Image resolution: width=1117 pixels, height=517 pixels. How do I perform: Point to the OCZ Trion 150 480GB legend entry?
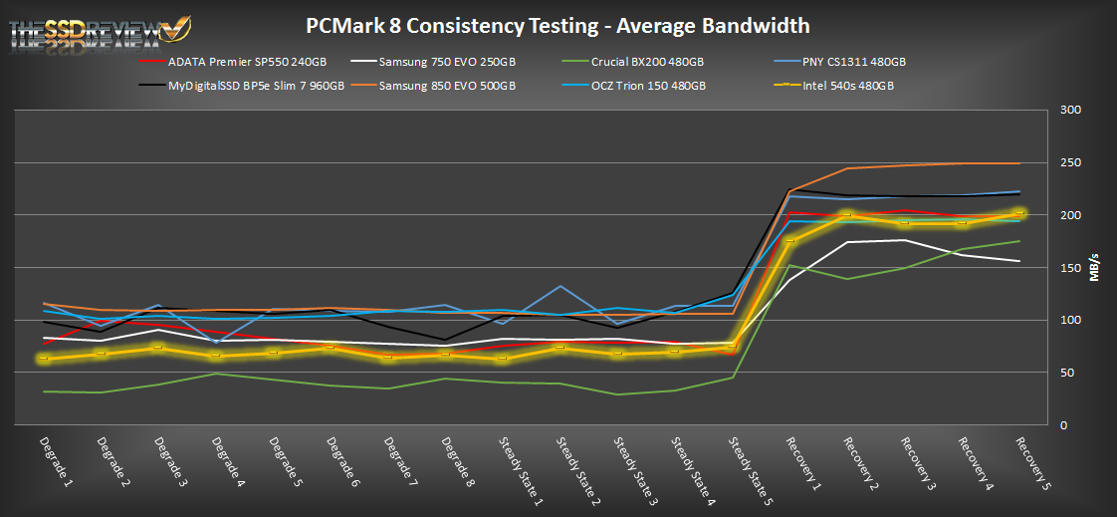tap(647, 86)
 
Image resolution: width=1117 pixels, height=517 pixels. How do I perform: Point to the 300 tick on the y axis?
tap(1068, 110)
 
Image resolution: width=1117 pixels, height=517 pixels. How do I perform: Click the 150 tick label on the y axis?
tap(1068, 268)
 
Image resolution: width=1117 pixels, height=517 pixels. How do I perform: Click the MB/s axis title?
tap(1095, 268)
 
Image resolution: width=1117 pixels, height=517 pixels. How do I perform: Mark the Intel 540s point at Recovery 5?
tap(1020, 212)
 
